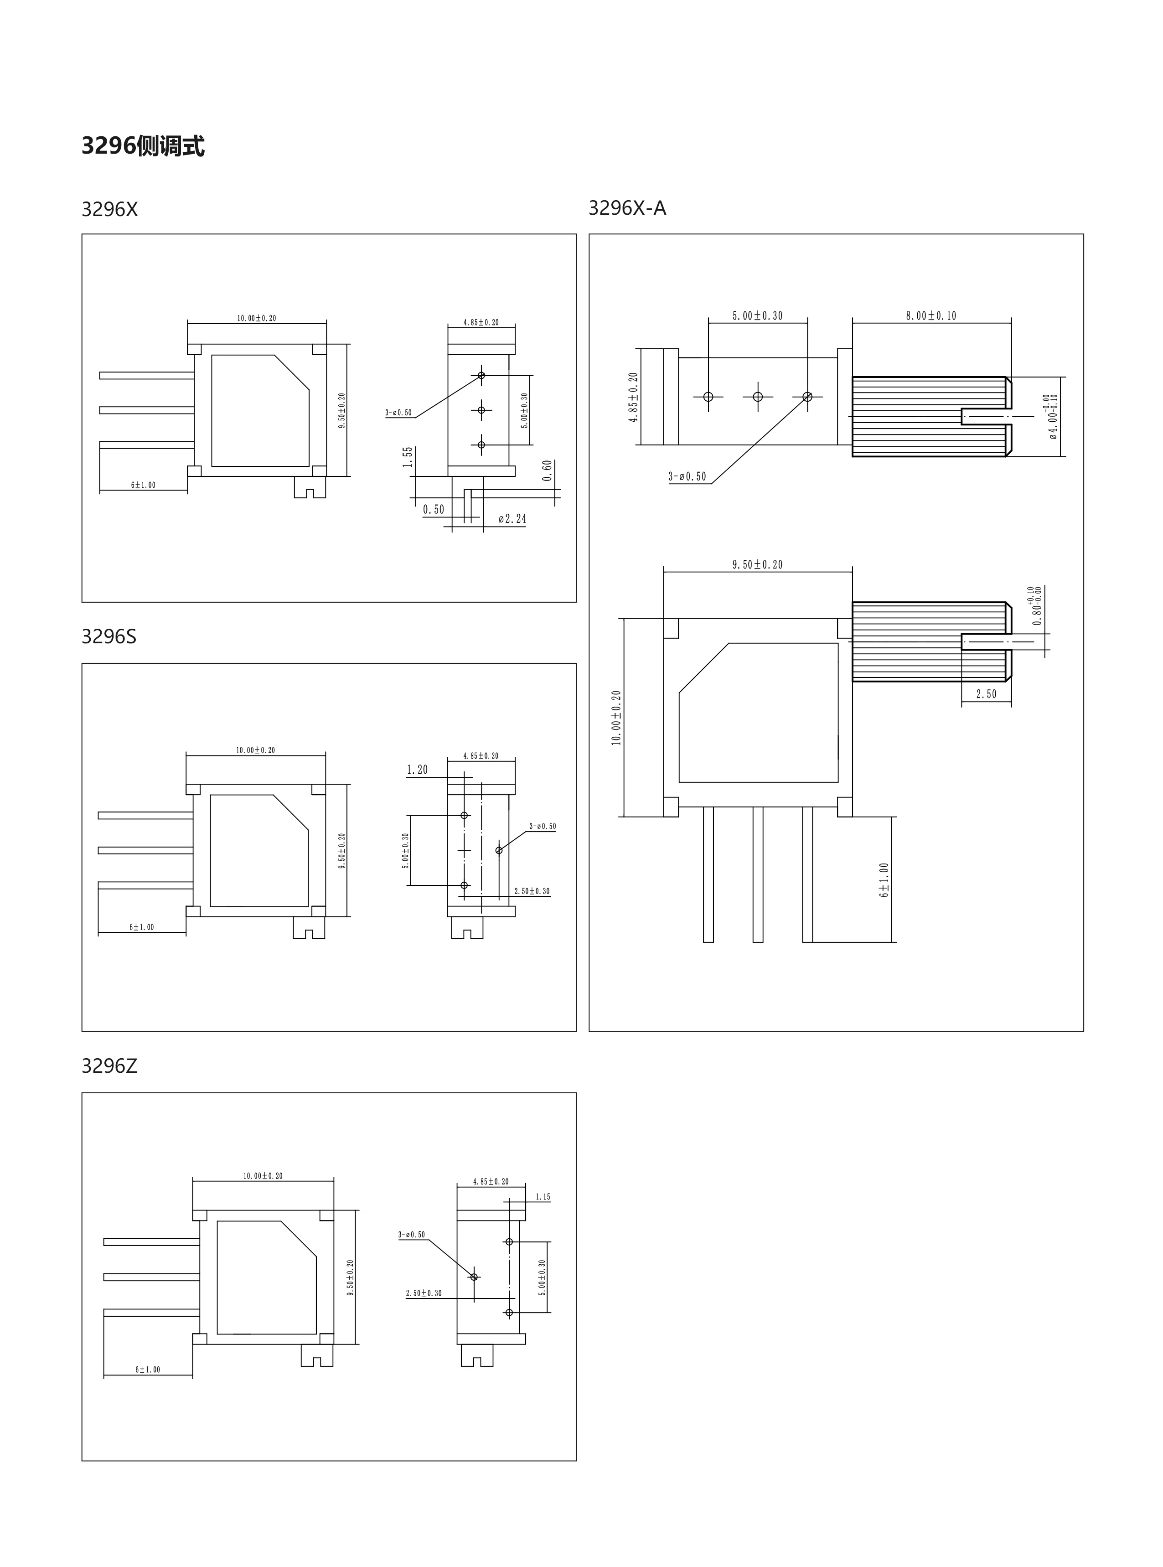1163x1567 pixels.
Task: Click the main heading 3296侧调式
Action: tap(143, 146)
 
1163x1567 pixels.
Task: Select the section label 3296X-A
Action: tap(627, 208)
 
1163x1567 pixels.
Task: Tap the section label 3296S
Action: tap(109, 636)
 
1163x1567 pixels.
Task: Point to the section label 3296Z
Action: tap(109, 1066)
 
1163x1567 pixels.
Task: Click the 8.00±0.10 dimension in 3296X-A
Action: tap(931, 316)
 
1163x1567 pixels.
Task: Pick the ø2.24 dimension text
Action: tap(512, 519)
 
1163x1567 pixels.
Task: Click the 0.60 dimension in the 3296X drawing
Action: tap(548, 471)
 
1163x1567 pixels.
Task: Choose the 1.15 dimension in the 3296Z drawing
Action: tap(543, 1197)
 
